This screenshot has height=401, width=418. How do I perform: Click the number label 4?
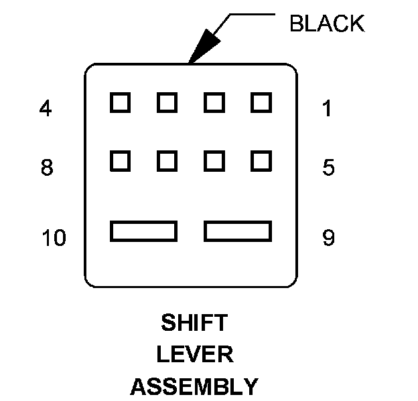(x=46, y=109)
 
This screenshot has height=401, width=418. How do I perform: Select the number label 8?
(x=46, y=167)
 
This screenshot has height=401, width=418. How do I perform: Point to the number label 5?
(x=328, y=167)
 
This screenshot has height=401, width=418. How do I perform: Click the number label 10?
(x=54, y=238)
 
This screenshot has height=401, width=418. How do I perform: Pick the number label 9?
(x=328, y=238)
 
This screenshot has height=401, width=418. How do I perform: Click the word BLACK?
(x=326, y=24)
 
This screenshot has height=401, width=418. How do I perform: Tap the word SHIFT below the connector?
(x=194, y=323)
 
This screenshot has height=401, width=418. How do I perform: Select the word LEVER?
(x=194, y=355)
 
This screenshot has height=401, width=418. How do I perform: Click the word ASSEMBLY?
(x=194, y=386)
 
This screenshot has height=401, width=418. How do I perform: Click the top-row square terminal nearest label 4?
(x=120, y=103)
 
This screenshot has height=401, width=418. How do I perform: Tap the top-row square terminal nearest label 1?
(x=261, y=103)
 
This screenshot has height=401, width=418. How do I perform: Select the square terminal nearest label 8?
(x=120, y=160)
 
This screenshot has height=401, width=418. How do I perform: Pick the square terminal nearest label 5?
(x=261, y=160)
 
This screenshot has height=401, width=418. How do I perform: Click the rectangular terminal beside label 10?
(x=143, y=231)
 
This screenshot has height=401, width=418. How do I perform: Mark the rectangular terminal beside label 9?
(x=238, y=231)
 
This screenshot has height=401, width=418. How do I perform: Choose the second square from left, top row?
(x=167, y=103)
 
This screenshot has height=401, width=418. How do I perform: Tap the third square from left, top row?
(x=214, y=103)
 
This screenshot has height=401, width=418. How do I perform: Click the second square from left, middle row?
(x=167, y=160)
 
